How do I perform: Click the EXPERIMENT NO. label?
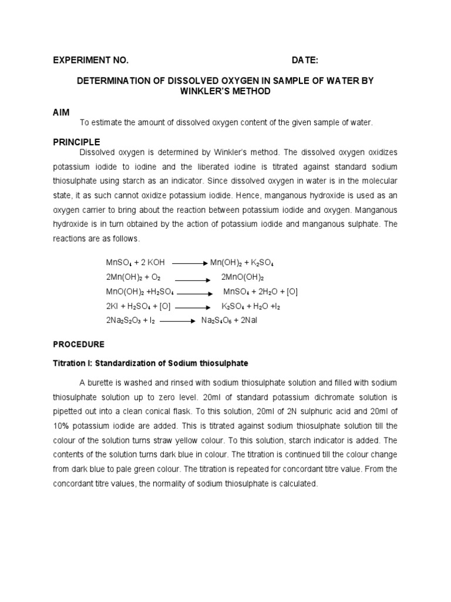[90, 61]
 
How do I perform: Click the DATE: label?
[305, 61]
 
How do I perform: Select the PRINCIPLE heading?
[76, 142]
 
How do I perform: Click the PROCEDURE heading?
[79, 344]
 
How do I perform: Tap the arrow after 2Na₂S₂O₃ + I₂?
[177, 321]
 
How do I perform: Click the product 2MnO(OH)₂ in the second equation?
[243, 277]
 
